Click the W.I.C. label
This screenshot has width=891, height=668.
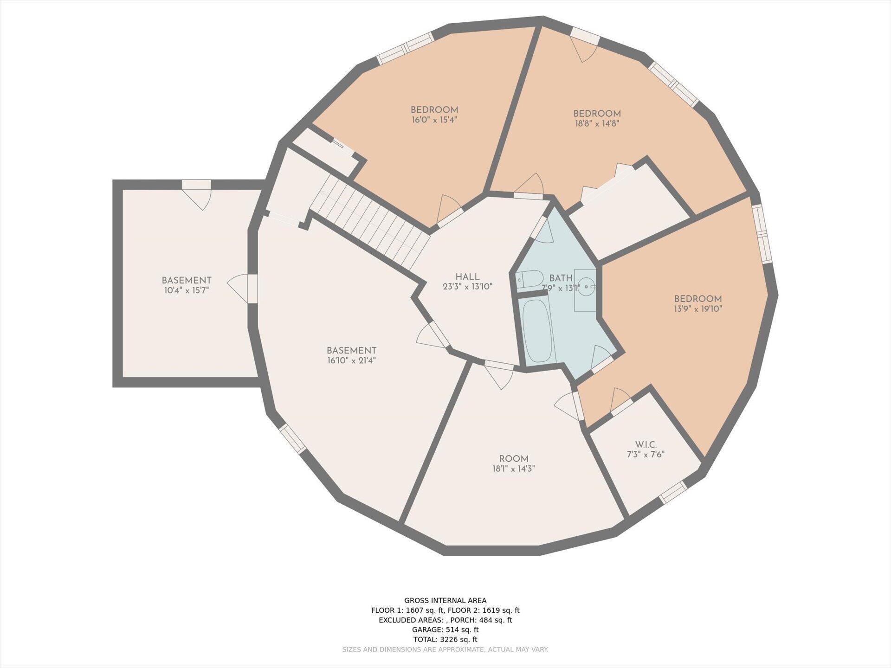(x=646, y=445)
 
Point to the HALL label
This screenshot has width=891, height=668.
(x=467, y=277)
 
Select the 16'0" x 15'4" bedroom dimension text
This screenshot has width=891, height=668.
(x=434, y=120)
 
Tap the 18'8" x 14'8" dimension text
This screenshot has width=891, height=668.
(x=597, y=123)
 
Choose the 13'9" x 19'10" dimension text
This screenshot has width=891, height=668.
(x=698, y=308)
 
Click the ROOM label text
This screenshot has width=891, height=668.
(x=514, y=459)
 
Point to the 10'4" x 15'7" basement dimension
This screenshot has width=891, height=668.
(x=186, y=290)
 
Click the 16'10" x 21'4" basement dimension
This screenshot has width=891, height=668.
(x=351, y=360)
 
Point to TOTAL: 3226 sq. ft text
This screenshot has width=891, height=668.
(x=445, y=639)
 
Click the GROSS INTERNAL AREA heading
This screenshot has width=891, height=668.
(x=445, y=600)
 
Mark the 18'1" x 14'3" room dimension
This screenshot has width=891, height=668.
(x=514, y=469)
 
